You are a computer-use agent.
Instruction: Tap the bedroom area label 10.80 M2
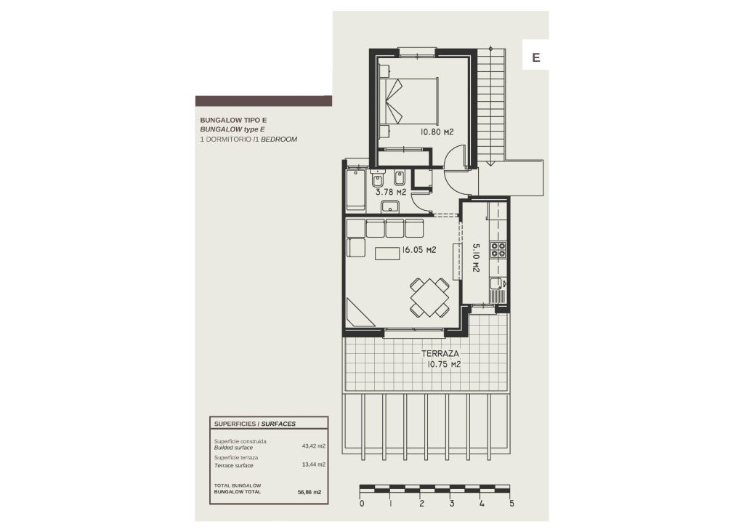[437, 132]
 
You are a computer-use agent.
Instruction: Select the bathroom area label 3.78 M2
[390, 193]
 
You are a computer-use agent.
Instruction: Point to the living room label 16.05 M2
[418, 250]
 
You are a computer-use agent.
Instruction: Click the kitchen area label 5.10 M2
[476, 257]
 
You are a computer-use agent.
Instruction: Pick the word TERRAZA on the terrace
[441, 355]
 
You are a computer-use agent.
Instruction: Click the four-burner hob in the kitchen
[498, 250]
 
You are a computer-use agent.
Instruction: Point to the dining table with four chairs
[429, 298]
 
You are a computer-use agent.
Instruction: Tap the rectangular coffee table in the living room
[387, 252]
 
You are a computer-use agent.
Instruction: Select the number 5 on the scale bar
[512, 503]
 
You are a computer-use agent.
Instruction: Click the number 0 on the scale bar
[361, 503]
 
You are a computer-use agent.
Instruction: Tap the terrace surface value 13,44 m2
[313, 464]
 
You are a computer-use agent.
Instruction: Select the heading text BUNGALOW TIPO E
[229, 120]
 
